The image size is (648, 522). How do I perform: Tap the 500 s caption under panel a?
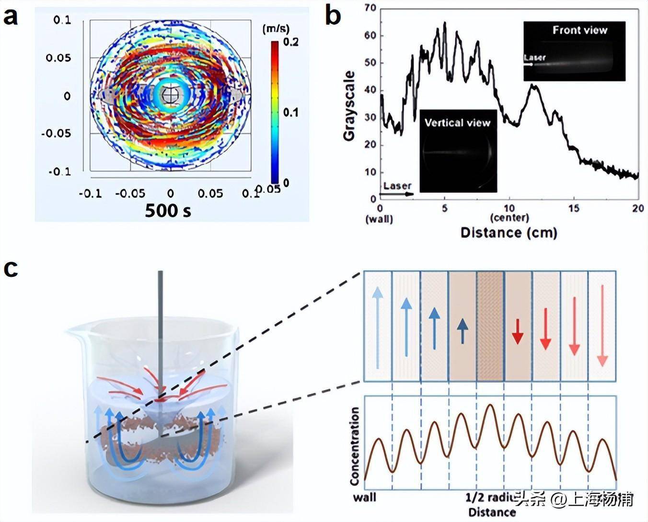point(168,210)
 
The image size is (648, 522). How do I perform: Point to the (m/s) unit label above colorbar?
point(274,29)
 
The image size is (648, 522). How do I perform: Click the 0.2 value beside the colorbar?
point(290,42)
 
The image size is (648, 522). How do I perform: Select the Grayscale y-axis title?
point(349,106)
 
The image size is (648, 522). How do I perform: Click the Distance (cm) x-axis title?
point(509,233)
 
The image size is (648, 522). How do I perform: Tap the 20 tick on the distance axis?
point(638,208)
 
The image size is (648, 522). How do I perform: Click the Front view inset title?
point(579,30)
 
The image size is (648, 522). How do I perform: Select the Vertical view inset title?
point(457,123)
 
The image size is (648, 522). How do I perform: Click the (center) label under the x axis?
point(509,218)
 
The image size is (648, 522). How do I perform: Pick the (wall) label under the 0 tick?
point(379,220)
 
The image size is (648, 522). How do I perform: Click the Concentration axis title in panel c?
point(355,446)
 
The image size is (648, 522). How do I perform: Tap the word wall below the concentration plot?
point(365,497)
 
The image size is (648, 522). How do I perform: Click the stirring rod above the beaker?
point(160,306)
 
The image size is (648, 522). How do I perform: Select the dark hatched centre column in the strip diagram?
point(490,326)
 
